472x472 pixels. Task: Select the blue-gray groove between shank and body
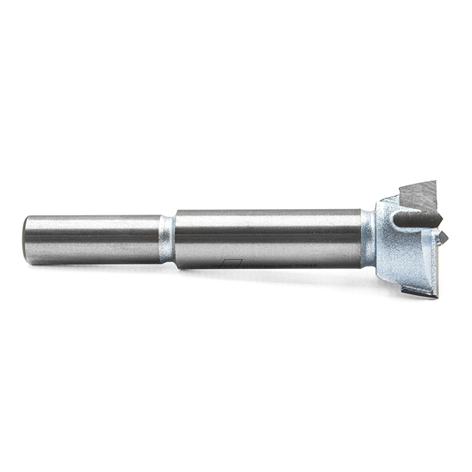[x=167, y=239]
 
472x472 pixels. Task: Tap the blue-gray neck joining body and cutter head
[x=367, y=239]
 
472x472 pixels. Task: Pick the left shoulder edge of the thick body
[x=176, y=239]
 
